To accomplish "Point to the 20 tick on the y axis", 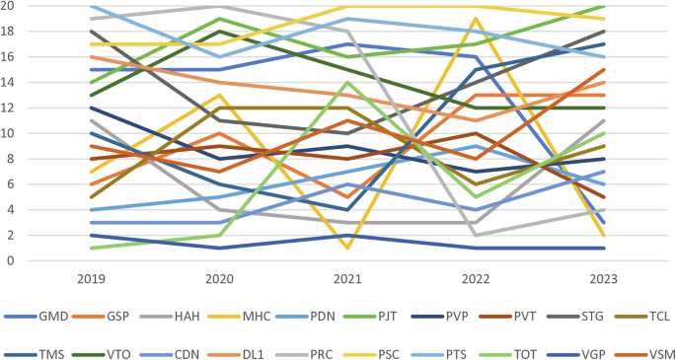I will click(9, 6).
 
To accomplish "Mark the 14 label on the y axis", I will click(9, 82).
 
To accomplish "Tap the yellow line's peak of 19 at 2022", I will click(476, 19).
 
